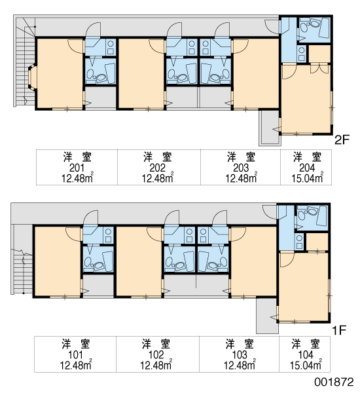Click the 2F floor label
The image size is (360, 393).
[x=342, y=140]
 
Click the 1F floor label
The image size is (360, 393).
[x=339, y=330]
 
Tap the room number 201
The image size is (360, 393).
[x=77, y=168]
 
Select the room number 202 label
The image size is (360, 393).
[x=158, y=168]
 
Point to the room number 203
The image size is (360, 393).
[x=241, y=168]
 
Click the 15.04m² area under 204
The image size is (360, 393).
[x=307, y=178]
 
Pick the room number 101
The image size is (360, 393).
[x=75, y=355]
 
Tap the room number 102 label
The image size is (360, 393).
[x=156, y=355]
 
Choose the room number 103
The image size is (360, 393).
[x=240, y=355]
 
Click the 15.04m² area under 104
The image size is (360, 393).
[x=306, y=365]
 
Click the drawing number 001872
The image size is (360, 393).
[x=334, y=382]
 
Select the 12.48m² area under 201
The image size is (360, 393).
[x=77, y=178]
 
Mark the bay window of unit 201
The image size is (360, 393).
[x=32, y=77]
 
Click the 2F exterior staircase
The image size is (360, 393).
[x=25, y=63]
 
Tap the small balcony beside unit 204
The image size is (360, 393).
[x=270, y=128]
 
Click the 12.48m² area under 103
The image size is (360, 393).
[x=240, y=365]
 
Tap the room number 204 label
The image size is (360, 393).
[x=307, y=168]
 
